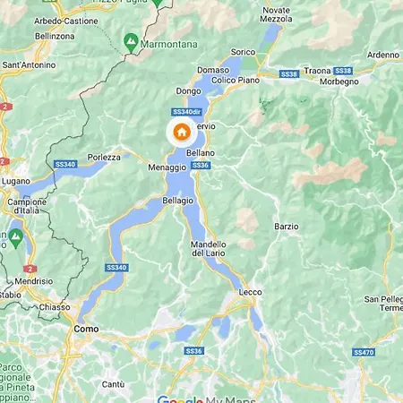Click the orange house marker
181,133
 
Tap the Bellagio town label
178,200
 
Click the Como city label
85,330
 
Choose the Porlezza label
104,157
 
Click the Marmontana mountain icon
131,41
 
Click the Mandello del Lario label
209,249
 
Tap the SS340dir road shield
184,112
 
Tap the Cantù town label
113,384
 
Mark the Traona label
317,68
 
